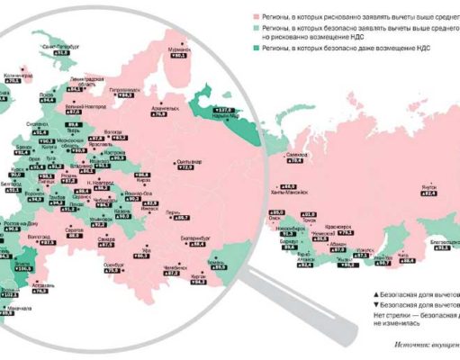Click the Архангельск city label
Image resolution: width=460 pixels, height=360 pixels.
tap(158, 106)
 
